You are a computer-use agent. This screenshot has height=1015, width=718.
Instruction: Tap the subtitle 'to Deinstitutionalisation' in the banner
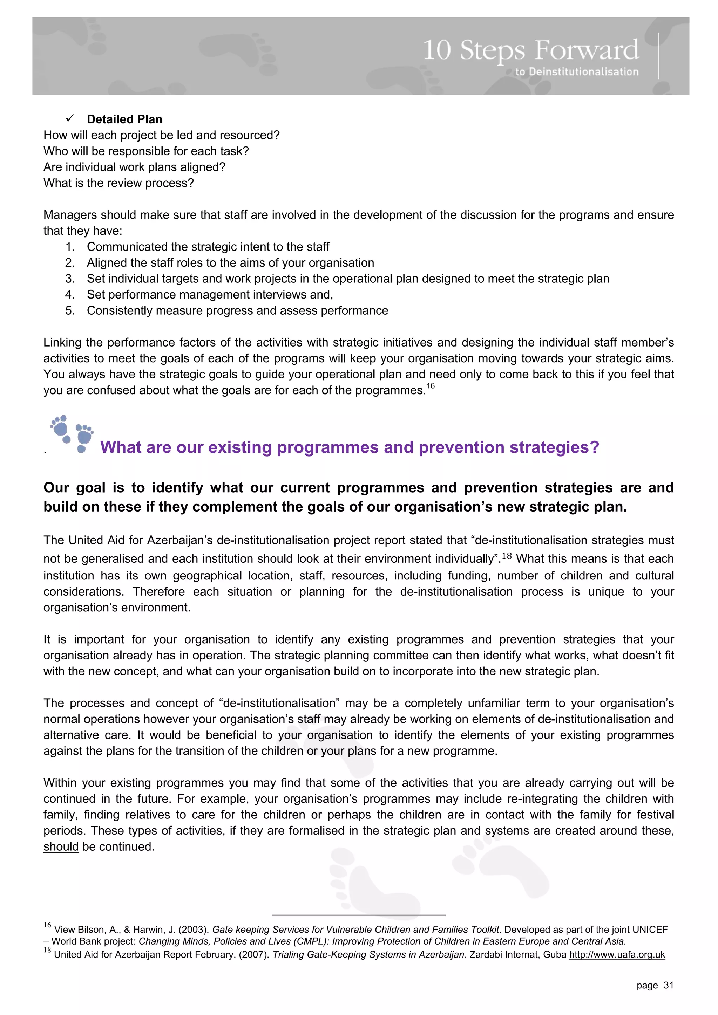[576, 71]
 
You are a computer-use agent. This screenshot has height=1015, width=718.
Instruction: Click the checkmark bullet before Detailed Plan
[69, 118]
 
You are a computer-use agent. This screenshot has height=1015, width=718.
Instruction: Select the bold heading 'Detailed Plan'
[124, 119]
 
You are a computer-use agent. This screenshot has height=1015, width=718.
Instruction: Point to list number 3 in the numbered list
[69, 279]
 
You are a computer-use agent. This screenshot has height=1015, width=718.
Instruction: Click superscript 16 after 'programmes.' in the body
[431, 386]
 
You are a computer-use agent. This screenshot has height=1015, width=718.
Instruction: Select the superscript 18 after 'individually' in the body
[507, 556]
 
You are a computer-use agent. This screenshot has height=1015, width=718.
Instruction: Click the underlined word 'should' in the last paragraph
[61, 846]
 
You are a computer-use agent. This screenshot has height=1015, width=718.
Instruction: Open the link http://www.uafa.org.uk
[617, 954]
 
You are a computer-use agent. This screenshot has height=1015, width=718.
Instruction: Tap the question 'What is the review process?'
[118, 183]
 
